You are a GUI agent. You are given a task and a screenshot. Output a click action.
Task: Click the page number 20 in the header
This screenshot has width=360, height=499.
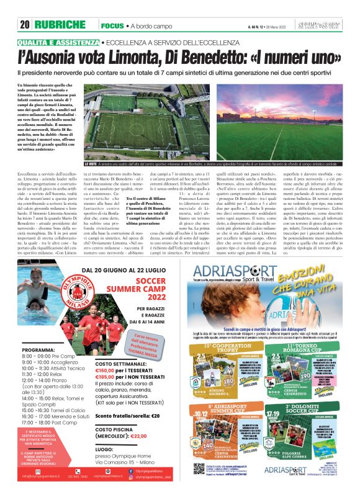25,25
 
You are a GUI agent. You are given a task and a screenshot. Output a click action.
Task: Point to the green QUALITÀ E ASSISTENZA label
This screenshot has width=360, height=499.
57,43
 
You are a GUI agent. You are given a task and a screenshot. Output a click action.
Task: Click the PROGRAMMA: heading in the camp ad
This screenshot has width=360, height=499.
38,350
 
